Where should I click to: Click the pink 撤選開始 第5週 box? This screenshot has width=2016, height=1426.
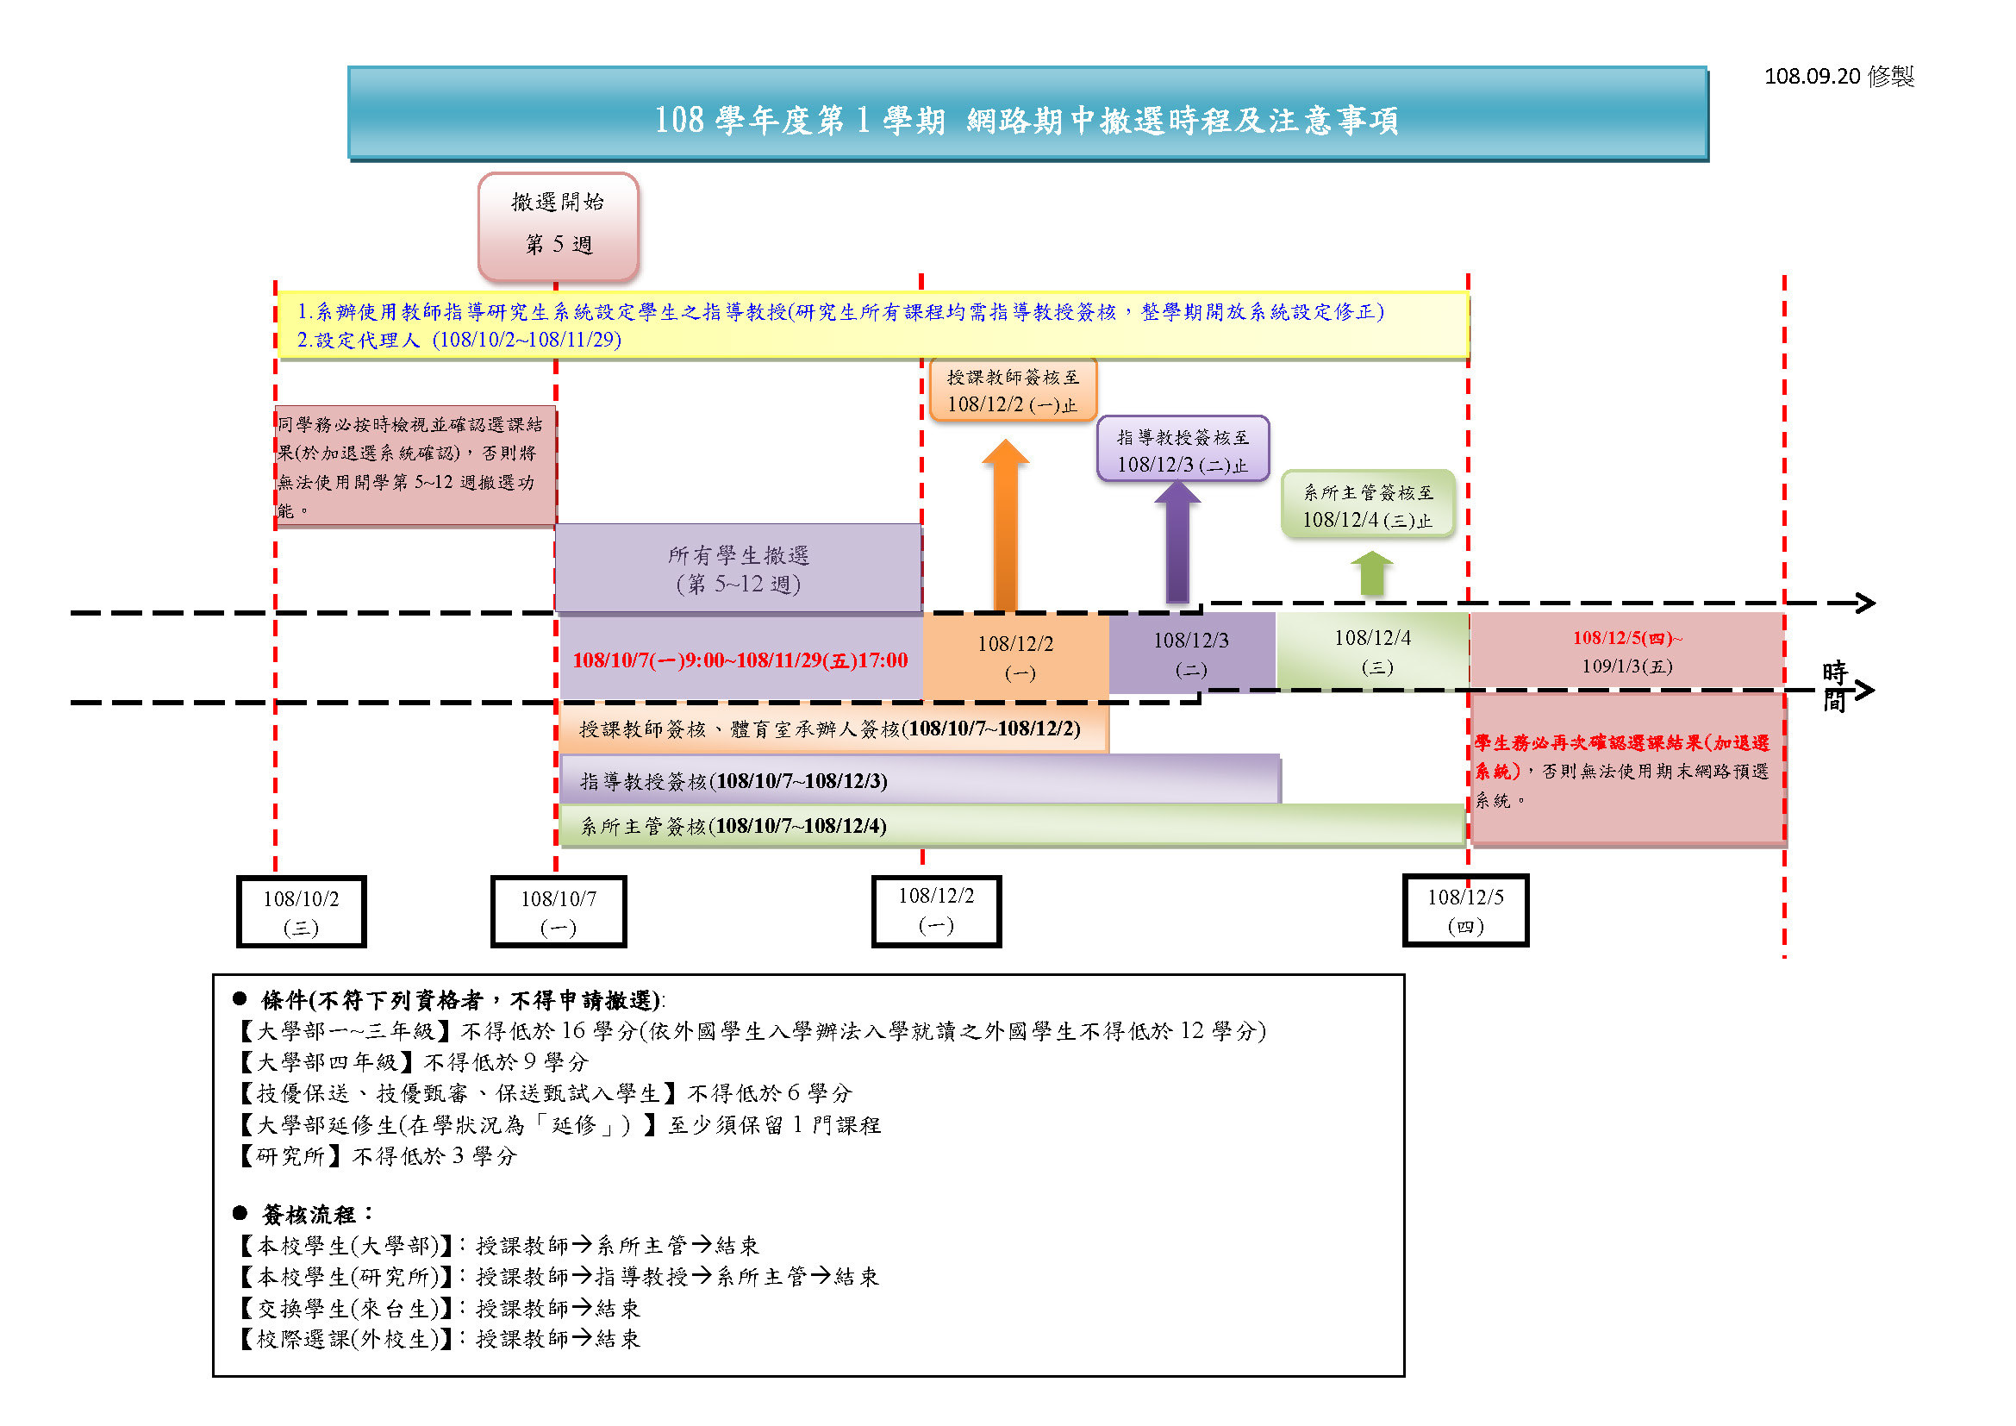point(559,227)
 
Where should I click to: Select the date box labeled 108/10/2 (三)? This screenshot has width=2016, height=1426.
point(301,911)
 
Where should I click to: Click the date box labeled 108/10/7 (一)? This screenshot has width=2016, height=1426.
point(559,911)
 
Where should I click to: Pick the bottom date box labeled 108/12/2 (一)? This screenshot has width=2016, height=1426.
point(936,910)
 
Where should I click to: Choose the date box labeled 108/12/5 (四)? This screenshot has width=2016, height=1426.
point(1465,910)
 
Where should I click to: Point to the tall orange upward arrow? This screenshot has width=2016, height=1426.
point(1005,525)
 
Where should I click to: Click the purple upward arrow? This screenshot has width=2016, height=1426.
point(1177,541)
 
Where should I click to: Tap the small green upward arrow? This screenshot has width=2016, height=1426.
point(1371,573)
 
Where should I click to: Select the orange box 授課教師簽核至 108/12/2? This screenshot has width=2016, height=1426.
point(1013,390)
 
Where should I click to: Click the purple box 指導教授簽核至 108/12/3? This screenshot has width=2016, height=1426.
point(1183,448)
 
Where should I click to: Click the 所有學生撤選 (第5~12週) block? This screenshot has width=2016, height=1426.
point(739,568)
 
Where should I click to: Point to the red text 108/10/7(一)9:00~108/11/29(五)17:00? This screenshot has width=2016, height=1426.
point(740,660)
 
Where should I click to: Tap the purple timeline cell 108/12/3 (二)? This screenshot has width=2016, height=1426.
point(1191,654)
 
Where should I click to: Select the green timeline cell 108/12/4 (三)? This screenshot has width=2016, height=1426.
point(1372,651)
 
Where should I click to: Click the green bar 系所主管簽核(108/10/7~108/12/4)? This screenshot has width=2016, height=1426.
point(1012,825)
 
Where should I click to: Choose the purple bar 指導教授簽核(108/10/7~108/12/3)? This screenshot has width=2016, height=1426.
point(921,779)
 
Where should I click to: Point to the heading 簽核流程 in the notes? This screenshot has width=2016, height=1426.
point(309,1215)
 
